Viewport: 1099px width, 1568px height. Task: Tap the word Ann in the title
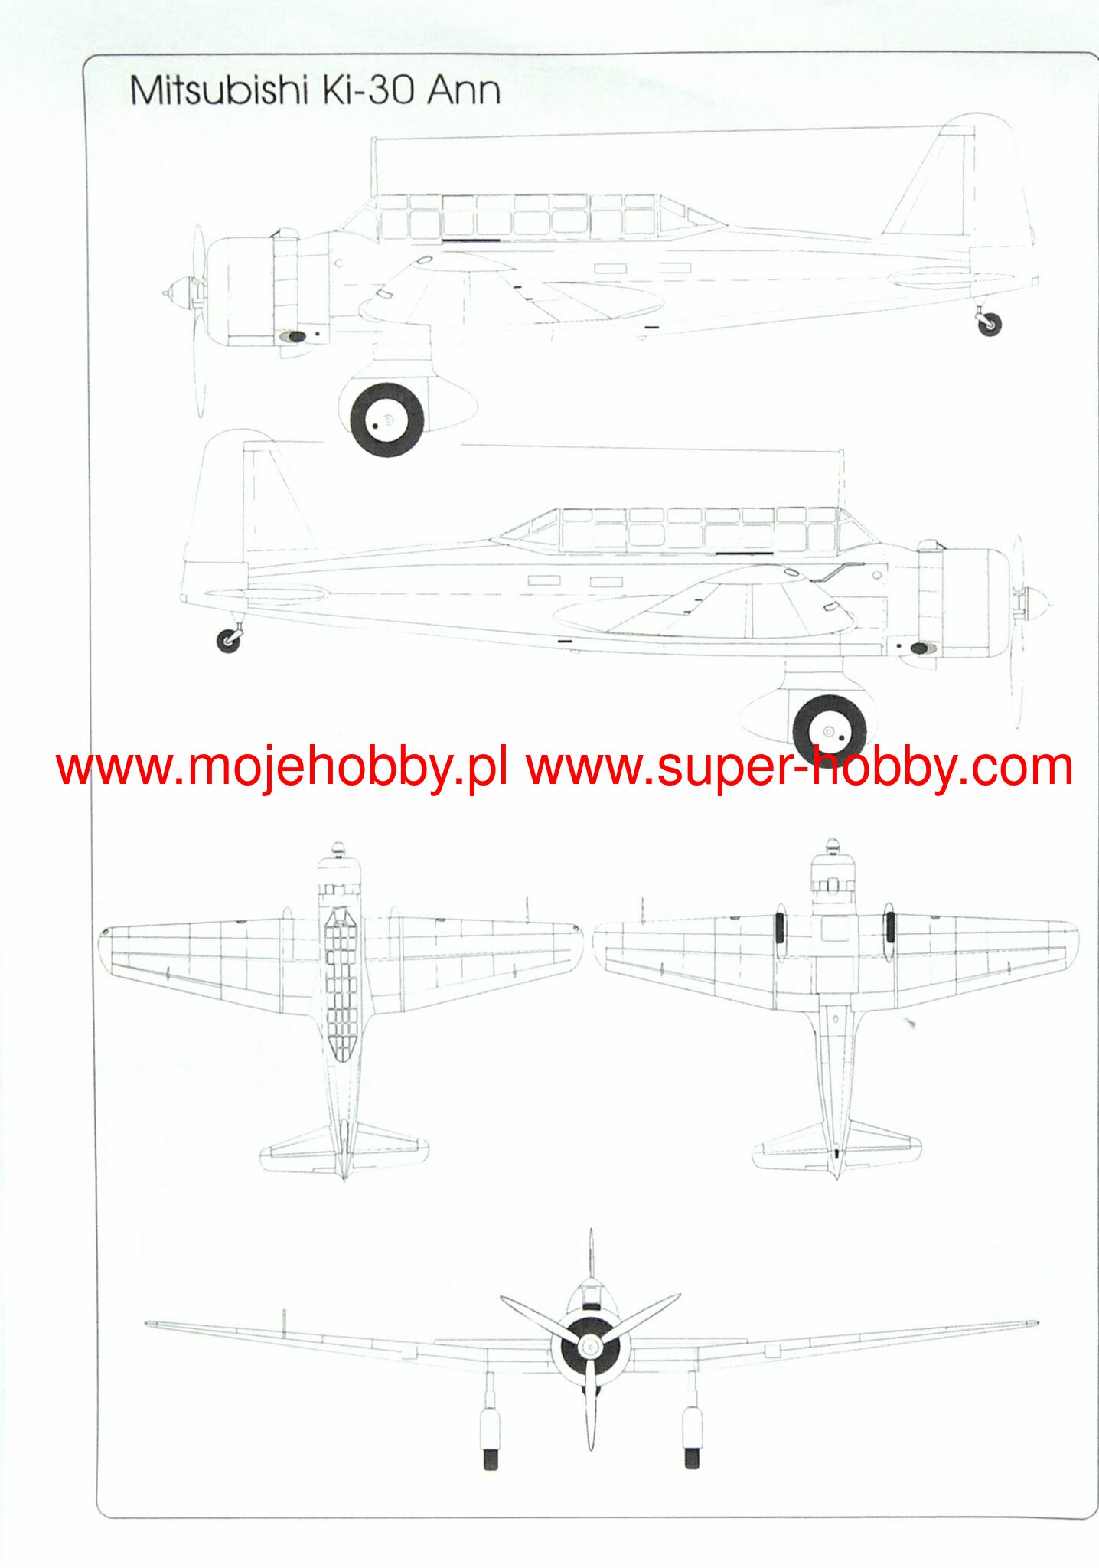[x=464, y=90]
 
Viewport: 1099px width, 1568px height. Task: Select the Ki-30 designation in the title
[x=368, y=90]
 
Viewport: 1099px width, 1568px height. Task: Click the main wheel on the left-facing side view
[x=386, y=420]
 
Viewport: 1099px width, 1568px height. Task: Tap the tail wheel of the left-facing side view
[x=989, y=324]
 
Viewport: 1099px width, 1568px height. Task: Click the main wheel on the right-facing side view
[x=830, y=731]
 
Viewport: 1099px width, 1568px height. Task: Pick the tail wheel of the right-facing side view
[x=228, y=640]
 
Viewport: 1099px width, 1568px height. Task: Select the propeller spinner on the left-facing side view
[x=179, y=291]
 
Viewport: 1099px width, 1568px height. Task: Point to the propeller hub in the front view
[x=589, y=1346]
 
